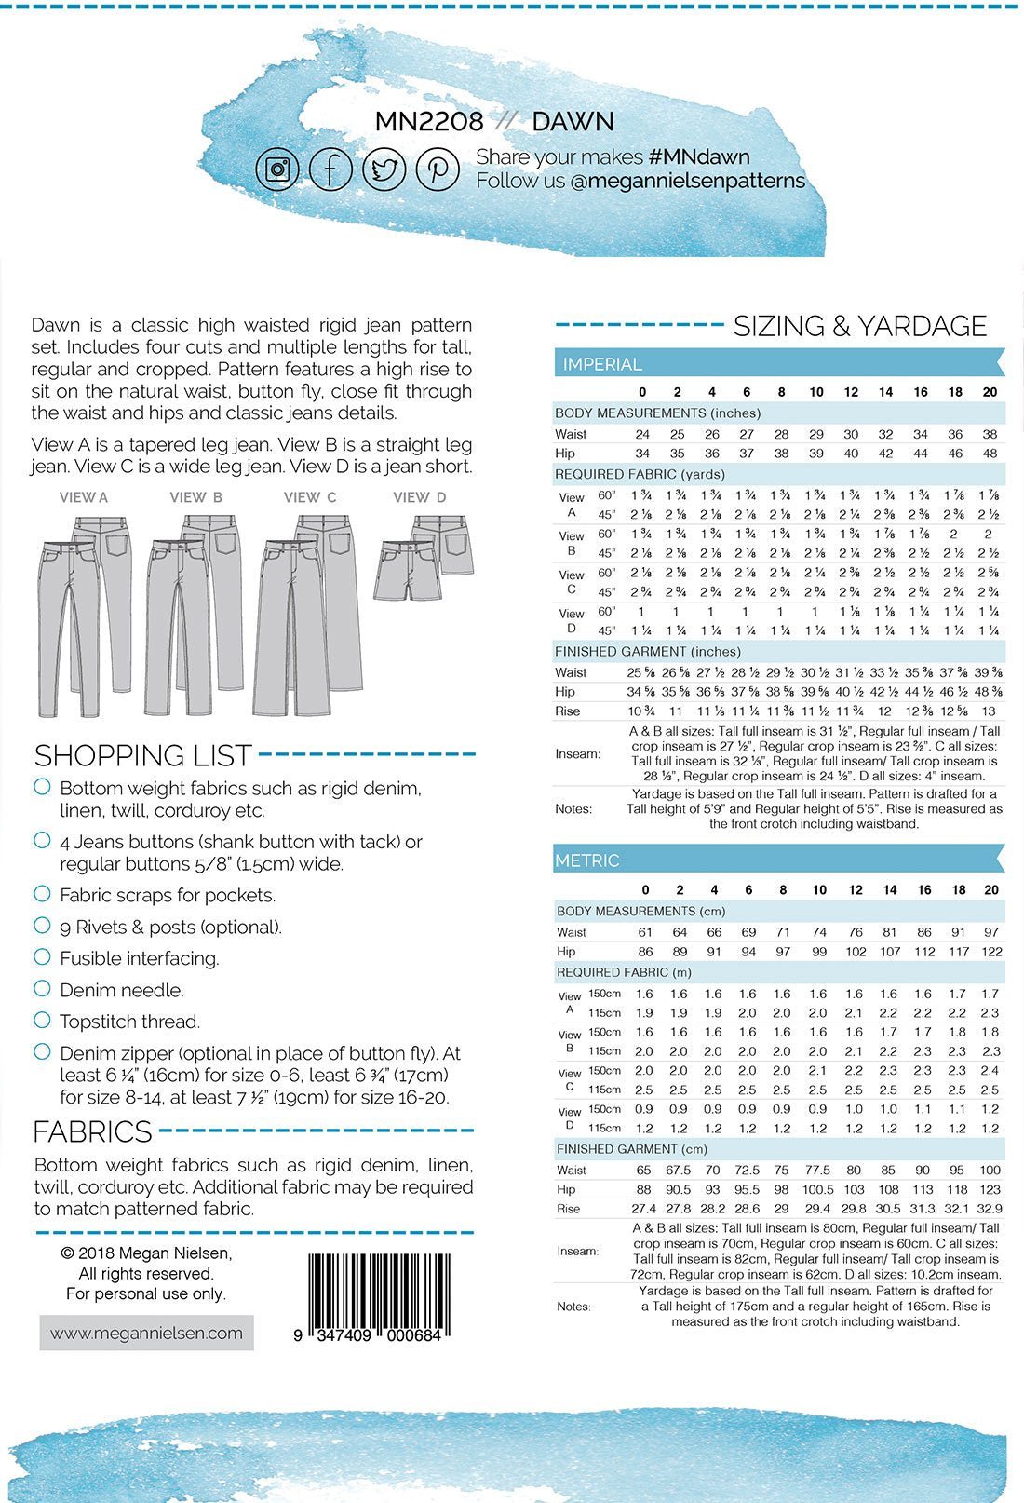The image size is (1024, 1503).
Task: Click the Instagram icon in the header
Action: [x=277, y=169]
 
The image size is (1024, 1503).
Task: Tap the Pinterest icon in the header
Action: [x=438, y=169]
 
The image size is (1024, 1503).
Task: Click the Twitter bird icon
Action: [x=384, y=169]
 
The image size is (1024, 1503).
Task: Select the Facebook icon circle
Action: [x=330, y=169]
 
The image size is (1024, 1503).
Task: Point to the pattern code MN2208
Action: [x=429, y=122]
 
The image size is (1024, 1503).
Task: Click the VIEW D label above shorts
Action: [x=419, y=497]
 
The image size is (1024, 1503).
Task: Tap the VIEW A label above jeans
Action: [x=84, y=497]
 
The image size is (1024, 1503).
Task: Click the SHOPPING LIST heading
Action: [x=143, y=754]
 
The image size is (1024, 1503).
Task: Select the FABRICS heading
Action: [x=92, y=1131]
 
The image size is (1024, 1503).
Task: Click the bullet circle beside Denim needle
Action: [x=42, y=988]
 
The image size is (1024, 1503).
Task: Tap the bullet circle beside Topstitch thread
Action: [x=42, y=1020]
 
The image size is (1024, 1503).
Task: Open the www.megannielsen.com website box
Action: [x=146, y=1333]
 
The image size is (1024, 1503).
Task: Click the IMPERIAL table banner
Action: [x=778, y=364]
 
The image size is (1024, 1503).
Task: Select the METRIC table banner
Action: [x=778, y=860]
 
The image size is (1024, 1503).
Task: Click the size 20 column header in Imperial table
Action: [x=990, y=392]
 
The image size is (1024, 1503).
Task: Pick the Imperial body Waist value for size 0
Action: [x=642, y=434]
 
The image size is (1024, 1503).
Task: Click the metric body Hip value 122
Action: [x=991, y=952]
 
